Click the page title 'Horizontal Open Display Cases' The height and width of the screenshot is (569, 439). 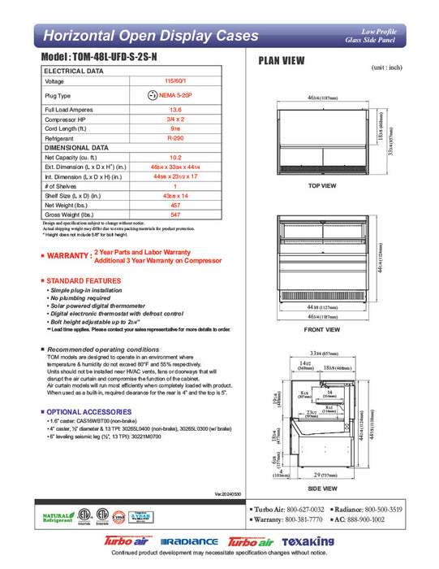point(150,36)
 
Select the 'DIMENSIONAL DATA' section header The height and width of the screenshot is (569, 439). point(75,148)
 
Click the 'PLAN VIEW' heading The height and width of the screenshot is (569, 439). point(281,60)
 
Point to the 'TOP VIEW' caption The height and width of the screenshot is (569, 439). point(322,186)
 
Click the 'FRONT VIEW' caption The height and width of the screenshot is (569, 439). point(322,331)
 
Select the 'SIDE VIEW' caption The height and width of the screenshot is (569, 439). point(322,489)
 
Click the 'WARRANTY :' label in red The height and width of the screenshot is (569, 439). point(67,257)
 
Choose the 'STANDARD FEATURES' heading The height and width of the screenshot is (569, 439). point(84,280)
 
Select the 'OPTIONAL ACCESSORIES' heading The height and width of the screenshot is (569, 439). point(88,411)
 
